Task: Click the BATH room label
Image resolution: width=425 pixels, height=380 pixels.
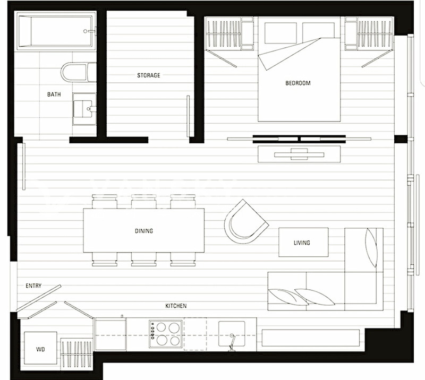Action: tap(54, 94)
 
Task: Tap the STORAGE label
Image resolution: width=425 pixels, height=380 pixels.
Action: tap(149, 75)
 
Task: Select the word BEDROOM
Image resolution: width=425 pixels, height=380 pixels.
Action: tap(298, 83)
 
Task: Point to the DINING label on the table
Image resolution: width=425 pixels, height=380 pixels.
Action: tap(144, 231)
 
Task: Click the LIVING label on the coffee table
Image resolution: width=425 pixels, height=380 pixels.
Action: tap(302, 243)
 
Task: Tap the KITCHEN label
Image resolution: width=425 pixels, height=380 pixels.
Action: tap(176, 306)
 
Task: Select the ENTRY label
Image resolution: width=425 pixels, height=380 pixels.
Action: tap(33, 286)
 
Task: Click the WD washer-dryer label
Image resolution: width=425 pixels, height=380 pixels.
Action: tap(40, 349)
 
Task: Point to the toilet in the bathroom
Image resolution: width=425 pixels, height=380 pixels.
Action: tap(78, 72)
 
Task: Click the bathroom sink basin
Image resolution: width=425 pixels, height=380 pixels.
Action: tap(84, 109)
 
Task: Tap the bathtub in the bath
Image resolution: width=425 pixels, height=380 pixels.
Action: tap(56, 32)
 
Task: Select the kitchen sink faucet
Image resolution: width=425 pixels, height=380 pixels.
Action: tap(232, 343)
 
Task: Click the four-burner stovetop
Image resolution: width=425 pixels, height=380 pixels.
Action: tap(166, 334)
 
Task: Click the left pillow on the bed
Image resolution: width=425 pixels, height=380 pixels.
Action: tap(280, 32)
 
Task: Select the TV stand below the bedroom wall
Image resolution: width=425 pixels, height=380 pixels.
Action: tap(299, 154)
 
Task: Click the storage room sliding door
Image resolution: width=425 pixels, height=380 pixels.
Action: tap(188, 116)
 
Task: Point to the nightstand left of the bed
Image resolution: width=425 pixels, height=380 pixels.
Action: tap(247, 33)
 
